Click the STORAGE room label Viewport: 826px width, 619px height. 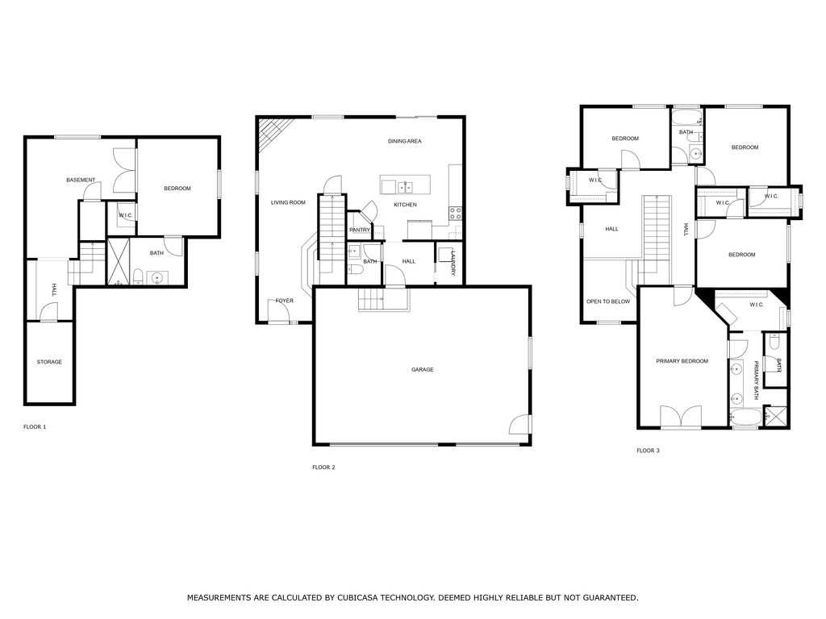[x=49, y=362]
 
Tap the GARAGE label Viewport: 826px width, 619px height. [x=422, y=370]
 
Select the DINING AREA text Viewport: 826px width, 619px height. [x=404, y=141]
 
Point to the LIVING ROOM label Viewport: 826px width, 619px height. [x=288, y=202]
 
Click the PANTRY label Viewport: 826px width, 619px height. [x=360, y=231]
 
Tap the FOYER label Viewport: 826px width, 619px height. [x=284, y=301]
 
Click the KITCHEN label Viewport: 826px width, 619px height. [x=405, y=205]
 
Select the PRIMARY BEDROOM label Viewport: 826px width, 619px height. [x=682, y=361]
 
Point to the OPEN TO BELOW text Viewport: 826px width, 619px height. [x=608, y=301]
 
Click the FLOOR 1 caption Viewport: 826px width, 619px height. [x=35, y=426]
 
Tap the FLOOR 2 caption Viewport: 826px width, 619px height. [x=323, y=467]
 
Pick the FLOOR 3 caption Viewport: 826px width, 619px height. [x=648, y=451]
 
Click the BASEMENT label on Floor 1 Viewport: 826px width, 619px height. [x=81, y=180]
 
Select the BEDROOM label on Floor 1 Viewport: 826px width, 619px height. [x=177, y=189]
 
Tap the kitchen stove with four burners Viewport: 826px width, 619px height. [x=455, y=214]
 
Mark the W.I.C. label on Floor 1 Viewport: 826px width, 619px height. [x=126, y=215]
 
